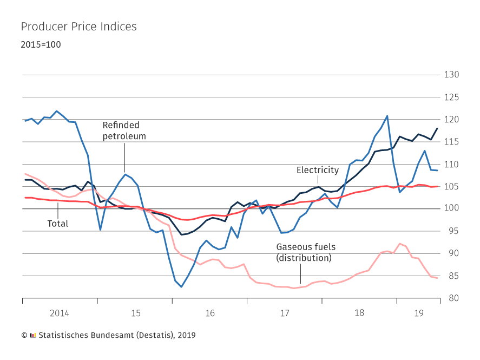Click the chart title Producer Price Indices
(x=78, y=27)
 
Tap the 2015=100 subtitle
(x=41, y=44)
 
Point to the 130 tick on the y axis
(x=451, y=75)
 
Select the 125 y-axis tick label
(x=451, y=97)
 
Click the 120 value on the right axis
(x=451, y=120)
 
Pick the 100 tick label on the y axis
(x=451, y=209)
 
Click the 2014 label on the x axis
(x=60, y=313)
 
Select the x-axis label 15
(x=135, y=313)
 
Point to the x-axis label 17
(x=285, y=313)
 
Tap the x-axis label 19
(x=418, y=313)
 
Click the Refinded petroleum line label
(x=124, y=130)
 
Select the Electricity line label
(x=318, y=170)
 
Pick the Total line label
(x=58, y=223)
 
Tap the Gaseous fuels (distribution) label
(x=306, y=252)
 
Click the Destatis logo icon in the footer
(x=32, y=335)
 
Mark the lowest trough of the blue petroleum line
(x=181, y=287)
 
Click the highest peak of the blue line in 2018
(x=387, y=116)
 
